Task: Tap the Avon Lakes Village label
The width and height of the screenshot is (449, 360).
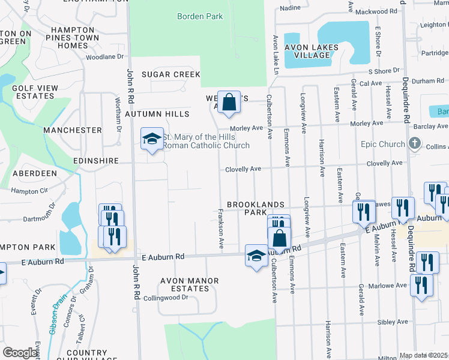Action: pos(312,52)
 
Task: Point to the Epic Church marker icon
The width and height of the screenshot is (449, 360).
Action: pos(414,143)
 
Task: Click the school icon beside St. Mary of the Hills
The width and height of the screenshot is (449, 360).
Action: pos(152,139)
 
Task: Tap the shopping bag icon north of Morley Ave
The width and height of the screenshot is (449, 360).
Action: pos(229,102)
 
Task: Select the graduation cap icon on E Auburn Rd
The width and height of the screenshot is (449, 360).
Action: pos(256,255)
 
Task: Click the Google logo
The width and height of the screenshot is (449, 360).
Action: pos(20,353)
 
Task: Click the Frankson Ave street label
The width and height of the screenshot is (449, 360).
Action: pos(221,229)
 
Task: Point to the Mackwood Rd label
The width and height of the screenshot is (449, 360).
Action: pos(376,11)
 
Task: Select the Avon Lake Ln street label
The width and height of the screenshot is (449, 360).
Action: pos(276,55)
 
